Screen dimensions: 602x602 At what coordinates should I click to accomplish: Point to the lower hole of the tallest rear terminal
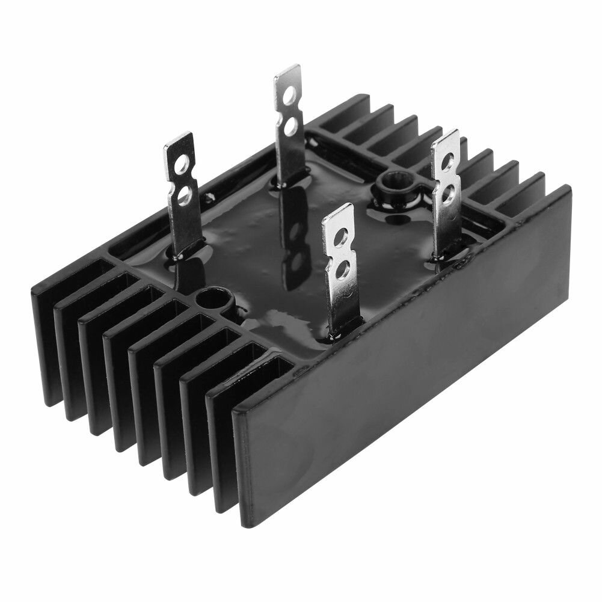pyautogui.click(x=290, y=125)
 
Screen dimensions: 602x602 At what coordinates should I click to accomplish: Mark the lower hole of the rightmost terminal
pyautogui.click(x=447, y=192)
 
